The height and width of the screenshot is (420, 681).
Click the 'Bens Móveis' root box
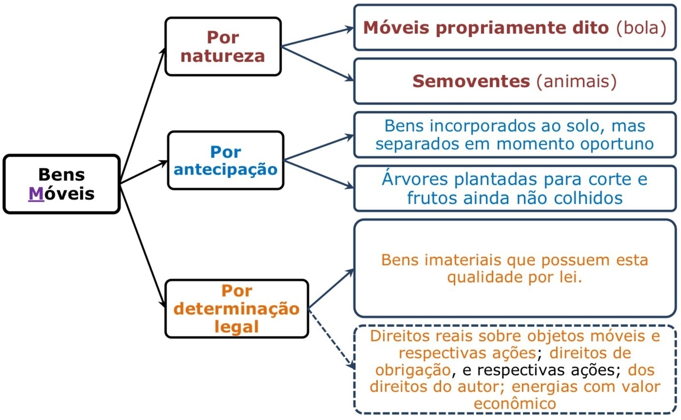pyautogui.click(x=61, y=184)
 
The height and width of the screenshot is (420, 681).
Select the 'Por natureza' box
pyautogui.click(x=223, y=46)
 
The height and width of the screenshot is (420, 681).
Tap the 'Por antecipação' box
pyautogui.click(x=226, y=160)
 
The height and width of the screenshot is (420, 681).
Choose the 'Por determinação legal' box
pyautogui.click(x=236, y=308)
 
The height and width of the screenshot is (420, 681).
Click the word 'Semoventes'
pyautogui.click(x=470, y=81)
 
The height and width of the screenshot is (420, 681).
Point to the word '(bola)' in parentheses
pyautogui.click(x=641, y=28)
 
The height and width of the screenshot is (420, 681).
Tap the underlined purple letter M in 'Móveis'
pyautogui.click(x=35, y=194)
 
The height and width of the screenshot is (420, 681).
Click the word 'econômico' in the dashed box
pyautogui.click(x=515, y=403)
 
